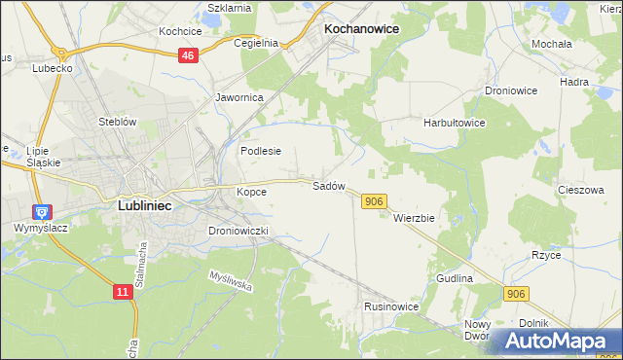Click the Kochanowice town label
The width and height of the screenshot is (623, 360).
click(x=361, y=29)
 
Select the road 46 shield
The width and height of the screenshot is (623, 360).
click(x=189, y=57)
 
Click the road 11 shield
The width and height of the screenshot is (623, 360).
click(x=121, y=291)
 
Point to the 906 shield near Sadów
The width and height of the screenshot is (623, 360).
click(x=375, y=200)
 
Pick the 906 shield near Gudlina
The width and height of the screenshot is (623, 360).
click(x=516, y=293)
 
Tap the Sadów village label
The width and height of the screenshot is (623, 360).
click(x=328, y=185)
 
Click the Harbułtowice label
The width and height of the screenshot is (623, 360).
click(x=454, y=124)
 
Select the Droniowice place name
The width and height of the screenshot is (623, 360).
click(x=511, y=90)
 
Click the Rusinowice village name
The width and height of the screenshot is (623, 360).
click(x=391, y=306)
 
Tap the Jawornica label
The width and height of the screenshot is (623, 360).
click(x=239, y=97)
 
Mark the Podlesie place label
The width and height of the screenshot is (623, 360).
click(x=261, y=151)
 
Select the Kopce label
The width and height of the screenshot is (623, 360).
click(x=251, y=192)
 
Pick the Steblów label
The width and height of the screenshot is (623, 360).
click(x=116, y=122)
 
